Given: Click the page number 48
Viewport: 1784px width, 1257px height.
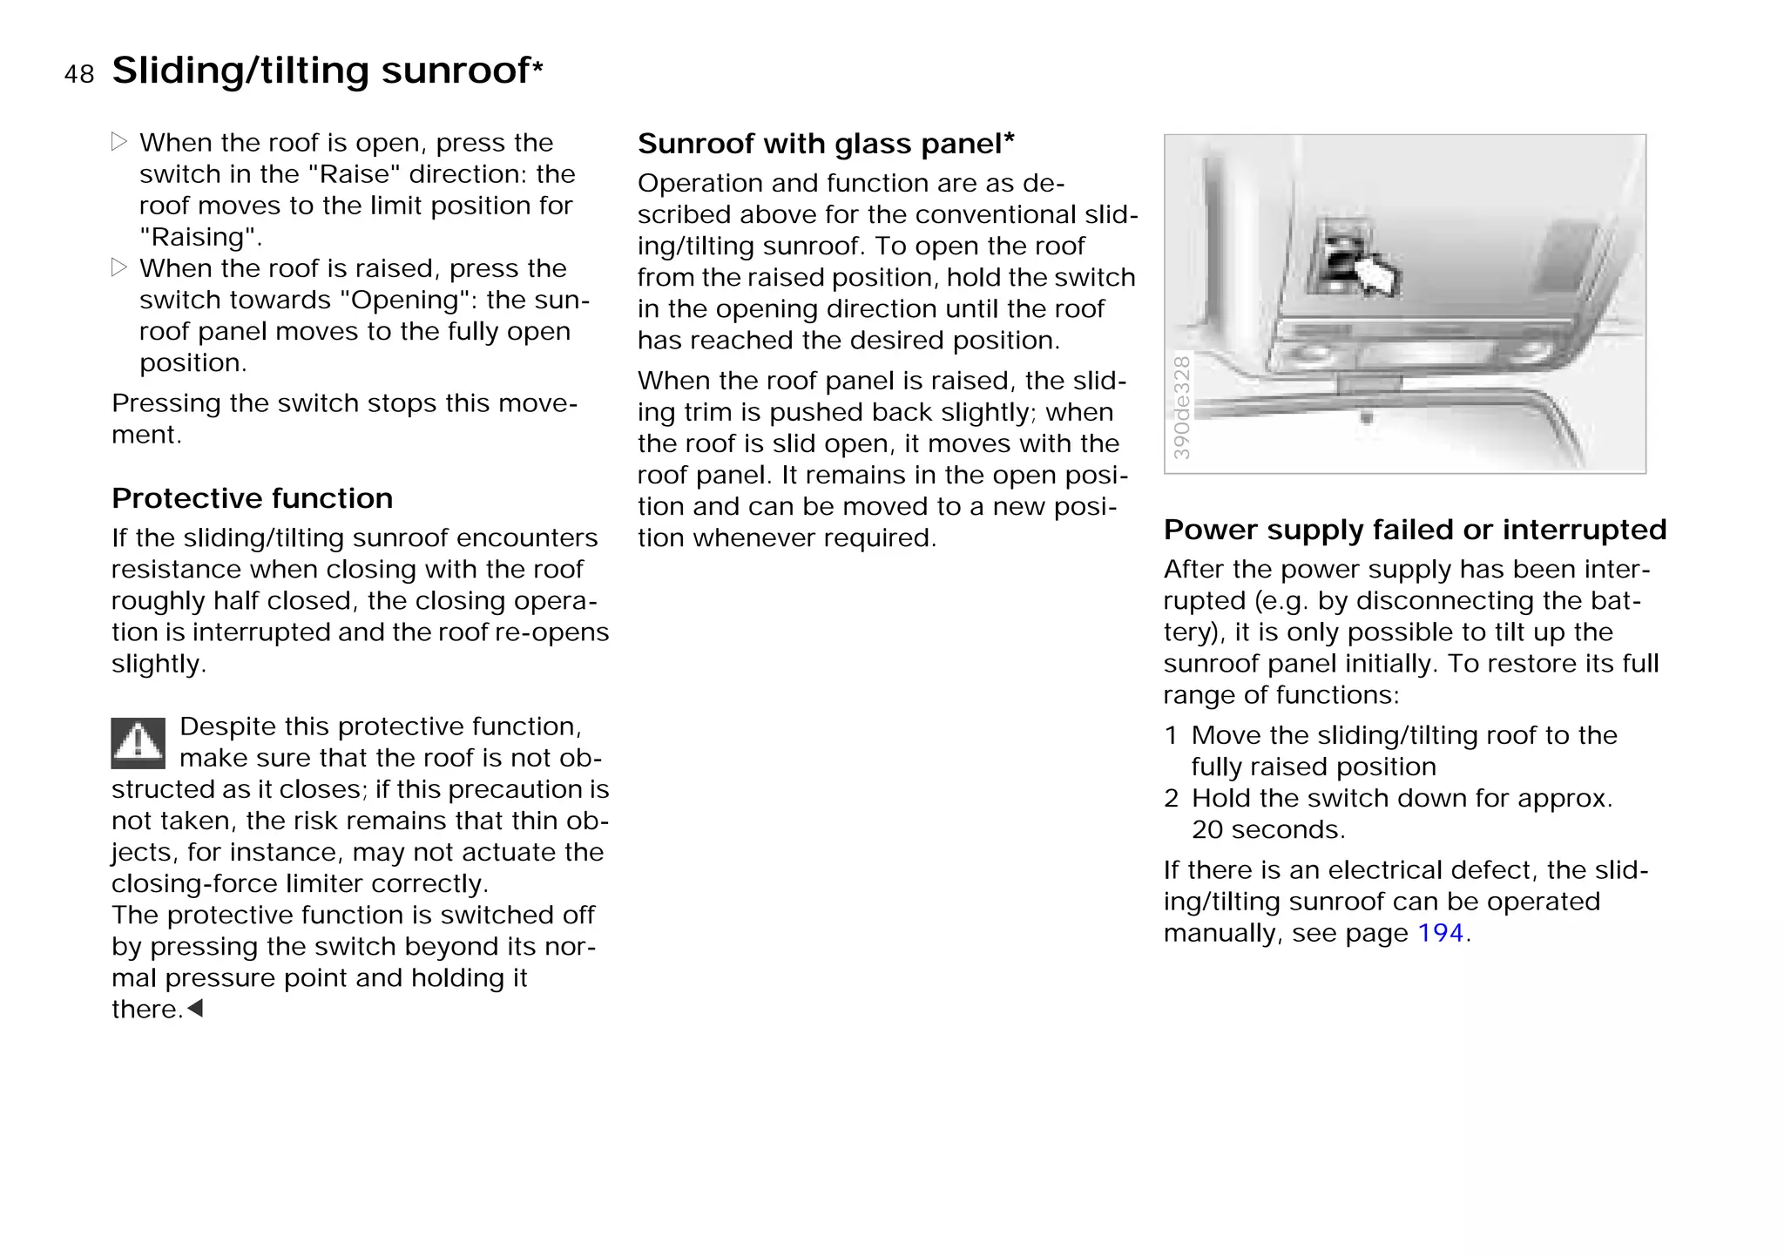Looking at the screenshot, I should [x=78, y=74].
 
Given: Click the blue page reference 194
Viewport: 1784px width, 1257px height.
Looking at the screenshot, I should [x=1440, y=933].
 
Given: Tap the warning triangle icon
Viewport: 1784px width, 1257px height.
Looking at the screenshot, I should [x=138, y=743].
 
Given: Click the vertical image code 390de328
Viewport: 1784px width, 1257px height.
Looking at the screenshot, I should [x=1181, y=407].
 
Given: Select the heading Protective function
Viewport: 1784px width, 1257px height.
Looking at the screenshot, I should [x=252, y=498].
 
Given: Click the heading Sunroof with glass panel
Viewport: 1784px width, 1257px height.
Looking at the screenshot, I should [x=825, y=144].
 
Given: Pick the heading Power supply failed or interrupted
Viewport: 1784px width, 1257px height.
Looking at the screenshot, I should [x=1415, y=530].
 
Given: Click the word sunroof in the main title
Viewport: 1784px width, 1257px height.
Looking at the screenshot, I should [x=456, y=71].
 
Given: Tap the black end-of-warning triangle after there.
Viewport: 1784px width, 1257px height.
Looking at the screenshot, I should [x=196, y=1009].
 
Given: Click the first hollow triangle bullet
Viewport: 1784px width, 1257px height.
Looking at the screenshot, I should [x=119, y=142].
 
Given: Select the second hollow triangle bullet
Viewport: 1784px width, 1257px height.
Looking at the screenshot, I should [x=119, y=267].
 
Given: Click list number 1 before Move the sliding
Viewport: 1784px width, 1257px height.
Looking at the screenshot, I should [x=1171, y=735].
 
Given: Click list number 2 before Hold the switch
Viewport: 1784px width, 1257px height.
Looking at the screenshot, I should [x=1171, y=798].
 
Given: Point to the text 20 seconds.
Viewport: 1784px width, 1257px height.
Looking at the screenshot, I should [x=1267, y=829].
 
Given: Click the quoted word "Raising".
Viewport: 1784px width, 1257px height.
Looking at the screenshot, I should [x=199, y=237].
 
